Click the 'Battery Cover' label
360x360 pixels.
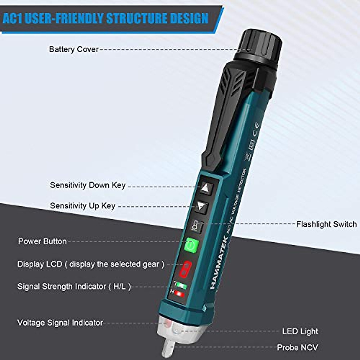(x=73, y=49)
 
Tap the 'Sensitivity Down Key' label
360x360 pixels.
(x=88, y=185)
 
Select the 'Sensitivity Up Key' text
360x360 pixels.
(x=82, y=206)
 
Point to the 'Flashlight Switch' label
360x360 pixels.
(x=326, y=224)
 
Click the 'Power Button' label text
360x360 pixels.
(x=42, y=241)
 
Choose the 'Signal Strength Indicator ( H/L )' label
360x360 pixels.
(x=74, y=286)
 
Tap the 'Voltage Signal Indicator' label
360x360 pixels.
(x=60, y=323)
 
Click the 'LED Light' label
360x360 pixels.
(x=300, y=331)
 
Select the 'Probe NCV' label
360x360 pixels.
(x=297, y=347)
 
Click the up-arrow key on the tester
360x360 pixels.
(x=205, y=188)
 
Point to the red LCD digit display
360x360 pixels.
(x=185, y=269)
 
